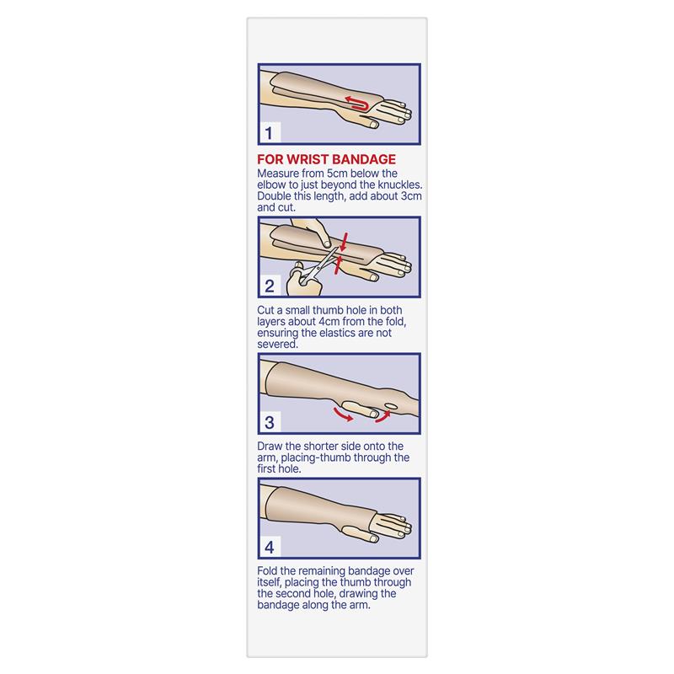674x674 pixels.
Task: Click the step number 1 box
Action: (268, 133)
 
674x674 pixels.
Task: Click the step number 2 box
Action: (269, 286)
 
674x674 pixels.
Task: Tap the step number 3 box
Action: (269, 421)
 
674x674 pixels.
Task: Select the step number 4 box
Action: (269, 548)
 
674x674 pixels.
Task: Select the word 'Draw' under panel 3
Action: (271, 447)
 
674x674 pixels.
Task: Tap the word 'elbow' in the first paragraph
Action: (275, 185)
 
